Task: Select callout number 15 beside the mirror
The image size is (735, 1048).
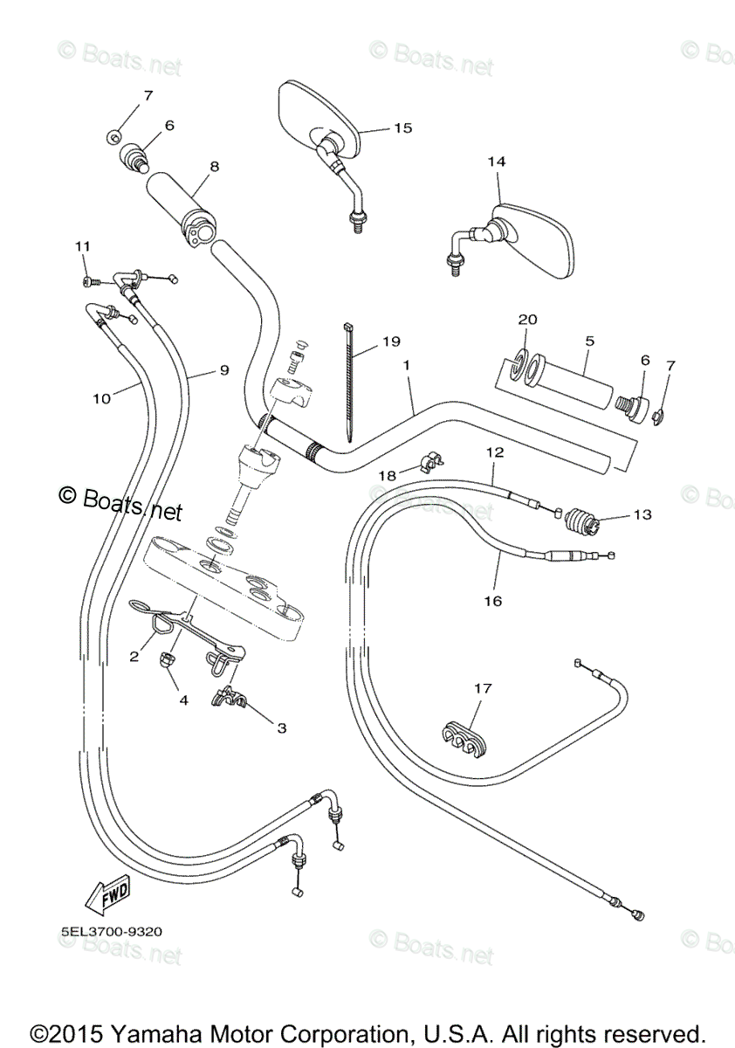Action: [x=403, y=128]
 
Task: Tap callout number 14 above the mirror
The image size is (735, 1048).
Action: [x=497, y=162]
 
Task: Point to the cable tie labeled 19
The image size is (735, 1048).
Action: [x=348, y=381]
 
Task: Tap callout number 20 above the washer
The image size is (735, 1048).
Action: [x=528, y=320]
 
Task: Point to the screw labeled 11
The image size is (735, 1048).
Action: [x=90, y=281]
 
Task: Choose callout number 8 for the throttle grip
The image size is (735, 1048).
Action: [x=215, y=167]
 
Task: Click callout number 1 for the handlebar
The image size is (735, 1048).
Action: [x=407, y=365]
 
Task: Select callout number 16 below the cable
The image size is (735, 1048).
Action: [x=493, y=601]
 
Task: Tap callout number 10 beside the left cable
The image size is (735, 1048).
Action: [x=102, y=398]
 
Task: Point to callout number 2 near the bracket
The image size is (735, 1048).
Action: [x=134, y=657]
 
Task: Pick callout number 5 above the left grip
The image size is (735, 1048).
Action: [x=589, y=341]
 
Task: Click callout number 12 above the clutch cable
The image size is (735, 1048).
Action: [x=495, y=452]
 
